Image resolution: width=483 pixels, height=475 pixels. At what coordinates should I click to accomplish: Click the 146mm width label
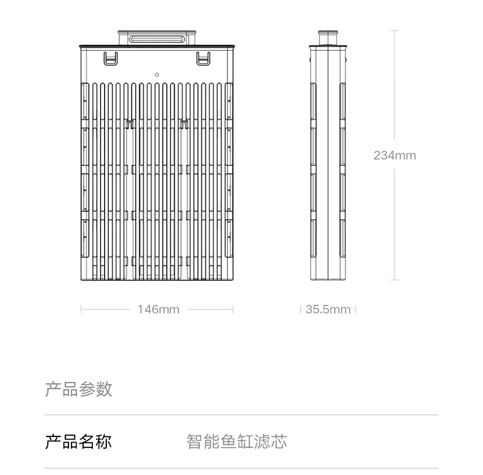pyautogui.click(x=158, y=310)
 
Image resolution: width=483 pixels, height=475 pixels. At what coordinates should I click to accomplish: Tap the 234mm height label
pyautogui.click(x=394, y=155)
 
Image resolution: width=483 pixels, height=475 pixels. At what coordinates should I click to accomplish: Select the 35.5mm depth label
pyautogui.click(x=328, y=310)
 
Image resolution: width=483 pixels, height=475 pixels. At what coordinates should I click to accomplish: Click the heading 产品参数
pyautogui.click(x=78, y=389)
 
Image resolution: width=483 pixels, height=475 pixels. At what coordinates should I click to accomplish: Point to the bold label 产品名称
pyautogui.click(x=78, y=441)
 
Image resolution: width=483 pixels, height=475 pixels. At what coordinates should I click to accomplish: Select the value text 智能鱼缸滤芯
pyautogui.click(x=237, y=441)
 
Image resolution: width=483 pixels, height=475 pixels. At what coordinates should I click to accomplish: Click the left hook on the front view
pyautogui.click(x=110, y=59)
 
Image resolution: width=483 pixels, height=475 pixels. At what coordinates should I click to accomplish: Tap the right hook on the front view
pyautogui.click(x=203, y=59)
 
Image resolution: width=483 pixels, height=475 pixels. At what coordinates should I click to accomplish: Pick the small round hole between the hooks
pyautogui.click(x=157, y=74)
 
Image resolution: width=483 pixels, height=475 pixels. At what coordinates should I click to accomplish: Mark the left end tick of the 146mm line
pyautogui.click(x=81, y=310)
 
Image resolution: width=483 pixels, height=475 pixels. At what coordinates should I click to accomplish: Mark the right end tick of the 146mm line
pyautogui.click(x=233, y=310)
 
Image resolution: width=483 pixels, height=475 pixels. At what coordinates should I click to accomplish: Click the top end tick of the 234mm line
pyautogui.click(x=394, y=30)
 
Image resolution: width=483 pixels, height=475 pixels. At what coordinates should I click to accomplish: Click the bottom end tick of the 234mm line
pyautogui.click(x=394, y=280)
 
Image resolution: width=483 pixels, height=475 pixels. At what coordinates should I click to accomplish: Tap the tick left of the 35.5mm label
pyautogui.click(x=301, y=310)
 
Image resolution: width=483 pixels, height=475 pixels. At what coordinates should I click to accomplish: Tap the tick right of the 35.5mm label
pyautogui.click(x=355, y=310)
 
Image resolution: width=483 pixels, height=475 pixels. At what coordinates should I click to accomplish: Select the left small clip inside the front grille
pyautogui.click(x=129, y=124)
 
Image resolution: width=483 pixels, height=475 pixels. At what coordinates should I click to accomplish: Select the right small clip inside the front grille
pyautogui.click(x=183, y=124)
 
